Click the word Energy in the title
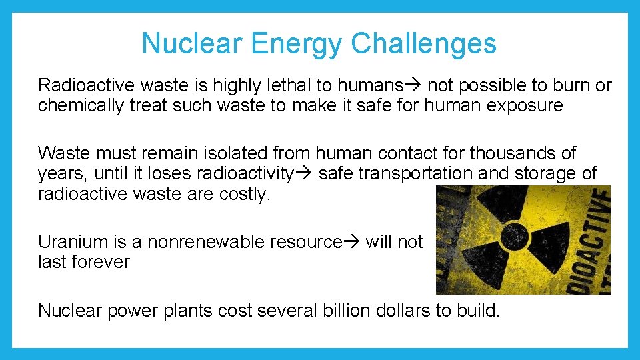click(299, 44)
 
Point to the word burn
click(574, 85)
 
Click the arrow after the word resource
click(353, 241)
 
